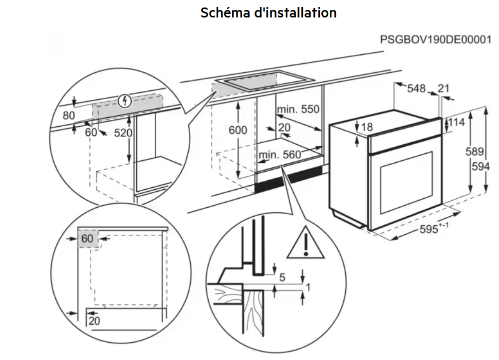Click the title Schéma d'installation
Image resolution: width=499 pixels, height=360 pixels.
268,12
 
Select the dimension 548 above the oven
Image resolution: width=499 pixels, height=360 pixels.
416,89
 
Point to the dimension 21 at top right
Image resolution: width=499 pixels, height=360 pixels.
443,89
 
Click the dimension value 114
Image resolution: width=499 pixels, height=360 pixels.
456,122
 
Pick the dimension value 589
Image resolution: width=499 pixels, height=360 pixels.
479,152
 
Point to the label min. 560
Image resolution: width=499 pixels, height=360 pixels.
280,155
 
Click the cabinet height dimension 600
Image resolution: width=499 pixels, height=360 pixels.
238,130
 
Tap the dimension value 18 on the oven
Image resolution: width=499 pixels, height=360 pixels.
367,127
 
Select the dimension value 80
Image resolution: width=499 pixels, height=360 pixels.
69,115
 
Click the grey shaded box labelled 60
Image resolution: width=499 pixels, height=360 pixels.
88,239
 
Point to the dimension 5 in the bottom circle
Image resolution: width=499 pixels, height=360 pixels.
282,277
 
